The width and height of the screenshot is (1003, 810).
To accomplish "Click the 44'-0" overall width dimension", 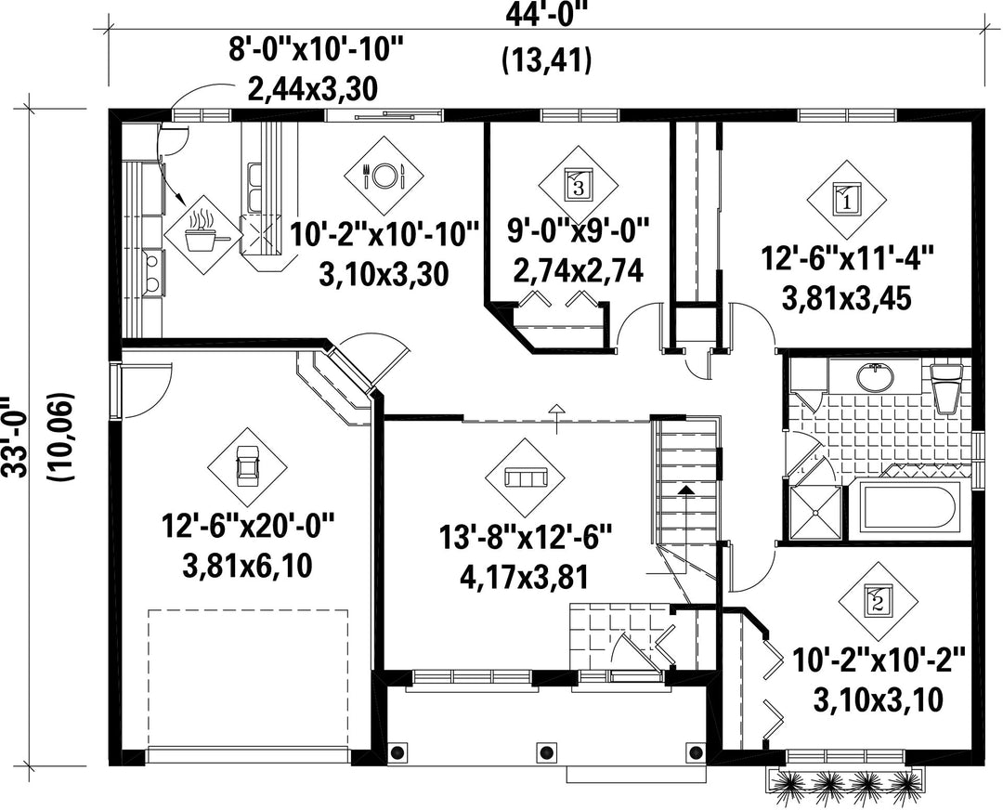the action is (546, 14).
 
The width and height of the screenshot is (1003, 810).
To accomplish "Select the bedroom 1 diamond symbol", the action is (846, 201).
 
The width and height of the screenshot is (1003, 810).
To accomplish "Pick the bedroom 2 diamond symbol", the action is (878, 601).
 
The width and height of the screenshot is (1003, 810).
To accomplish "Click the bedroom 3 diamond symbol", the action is (578, 184).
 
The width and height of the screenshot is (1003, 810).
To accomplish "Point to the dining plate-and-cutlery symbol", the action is (384, 176).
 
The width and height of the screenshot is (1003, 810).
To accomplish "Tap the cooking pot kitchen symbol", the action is (204, 235).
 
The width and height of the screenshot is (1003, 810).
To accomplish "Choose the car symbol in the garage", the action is (246, 467).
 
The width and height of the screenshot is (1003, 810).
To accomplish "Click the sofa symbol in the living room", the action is (525, 478).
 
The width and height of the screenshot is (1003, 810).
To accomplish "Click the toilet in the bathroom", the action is (947, 387).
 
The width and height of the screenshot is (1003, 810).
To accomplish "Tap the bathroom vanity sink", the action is (875, 377).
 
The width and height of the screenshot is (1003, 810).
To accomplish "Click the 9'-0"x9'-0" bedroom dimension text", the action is (579, 230).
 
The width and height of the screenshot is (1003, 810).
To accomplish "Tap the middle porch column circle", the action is (545, 751).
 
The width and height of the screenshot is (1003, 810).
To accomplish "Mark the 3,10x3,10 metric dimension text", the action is (878, 700).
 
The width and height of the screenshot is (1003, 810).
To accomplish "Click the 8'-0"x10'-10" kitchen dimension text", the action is (317, 49).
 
